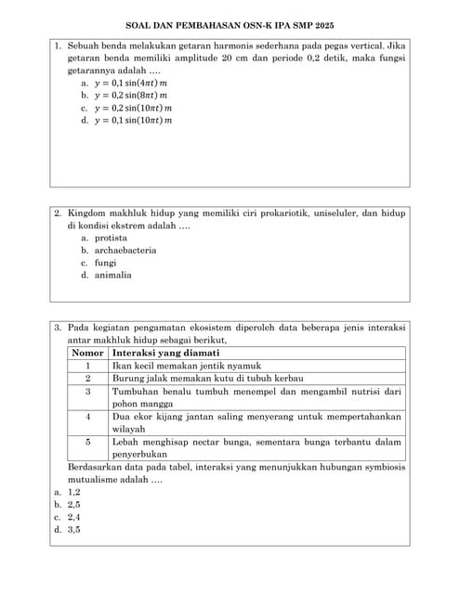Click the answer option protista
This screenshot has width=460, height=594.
pos(111,238)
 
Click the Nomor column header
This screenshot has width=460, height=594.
pos(88,353)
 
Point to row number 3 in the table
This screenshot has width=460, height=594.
pos(88,392)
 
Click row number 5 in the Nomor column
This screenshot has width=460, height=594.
pos(88,443)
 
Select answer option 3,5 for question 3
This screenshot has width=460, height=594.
pos(73,530)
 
